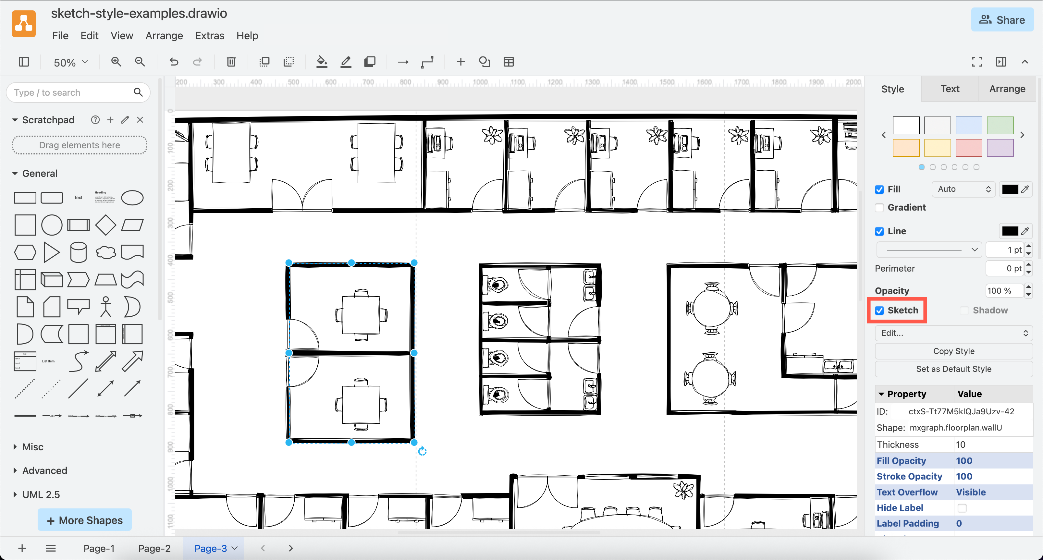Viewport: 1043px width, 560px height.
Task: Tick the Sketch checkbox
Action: [x=879, y=310]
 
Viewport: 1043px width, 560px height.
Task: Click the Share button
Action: [x=1002, y=20]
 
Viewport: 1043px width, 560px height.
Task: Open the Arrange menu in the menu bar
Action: [x=164, y=36]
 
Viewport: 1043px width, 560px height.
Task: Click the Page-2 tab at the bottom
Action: [x=154, y=548]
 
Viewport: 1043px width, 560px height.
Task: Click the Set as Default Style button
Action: [x=953, y=369]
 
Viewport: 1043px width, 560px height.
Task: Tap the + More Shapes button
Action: [x=85, y=520]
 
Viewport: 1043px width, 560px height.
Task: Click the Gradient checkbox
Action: [x=879, y=208]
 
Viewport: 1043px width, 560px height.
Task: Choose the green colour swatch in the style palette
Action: [x=1000, y=125]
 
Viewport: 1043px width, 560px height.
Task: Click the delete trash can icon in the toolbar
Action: [x=231, y=62]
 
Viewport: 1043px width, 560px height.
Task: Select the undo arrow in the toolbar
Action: [x=174, y=62]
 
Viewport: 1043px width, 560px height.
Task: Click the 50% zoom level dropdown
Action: [x=70, y=62]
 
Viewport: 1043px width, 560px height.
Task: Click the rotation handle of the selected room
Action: [x=422, y=451]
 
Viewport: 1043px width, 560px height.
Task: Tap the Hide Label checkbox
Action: [x=962, y=508]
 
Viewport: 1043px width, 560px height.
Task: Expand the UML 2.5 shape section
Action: [x=41, y=494]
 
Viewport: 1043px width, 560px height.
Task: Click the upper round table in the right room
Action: [x=712, y=309]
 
